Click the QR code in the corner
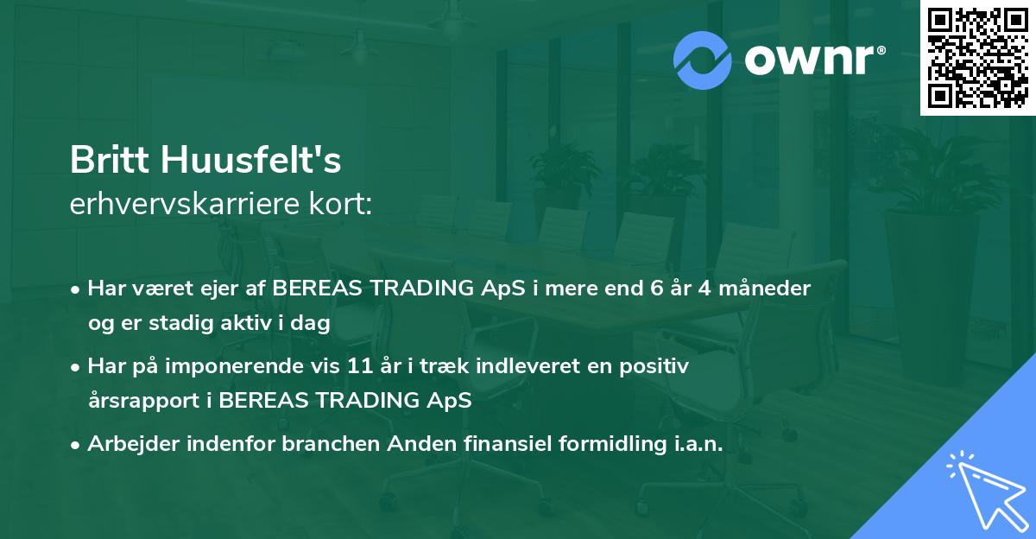click(x=977, y=58)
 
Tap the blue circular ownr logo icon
click(x=702, y=60)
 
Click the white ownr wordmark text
click(x=809, y=60)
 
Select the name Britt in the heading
click(x=110, y=160)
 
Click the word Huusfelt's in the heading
click(x=251, y=160)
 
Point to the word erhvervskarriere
click(x=185, y=204)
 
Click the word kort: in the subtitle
click(x=340, y=204)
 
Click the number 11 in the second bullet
click(x=360, y=366)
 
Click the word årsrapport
click(x=144, y=401)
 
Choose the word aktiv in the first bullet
click(x=246, y=322)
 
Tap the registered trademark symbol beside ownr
click(x=881, y=50)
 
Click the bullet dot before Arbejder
click(x=74, y=446)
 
